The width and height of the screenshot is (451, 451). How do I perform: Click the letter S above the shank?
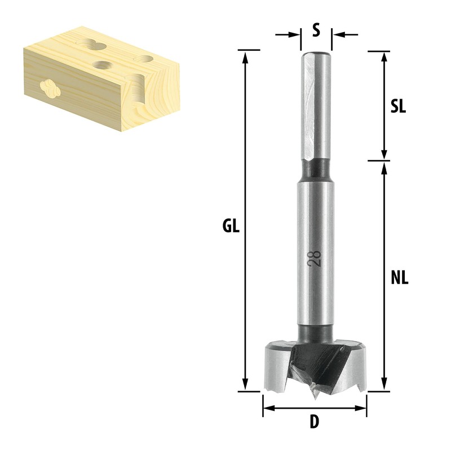(316, 30)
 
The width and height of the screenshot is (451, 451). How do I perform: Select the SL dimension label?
(398, 107)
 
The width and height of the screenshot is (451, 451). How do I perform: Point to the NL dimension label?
(399, 277)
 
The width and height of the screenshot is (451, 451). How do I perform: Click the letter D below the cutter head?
(315, 422)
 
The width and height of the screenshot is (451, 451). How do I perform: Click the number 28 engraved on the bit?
(316, 258)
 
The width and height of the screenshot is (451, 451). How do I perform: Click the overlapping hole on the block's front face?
(50, 89)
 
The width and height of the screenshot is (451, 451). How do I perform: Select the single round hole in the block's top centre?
(102, 64)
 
